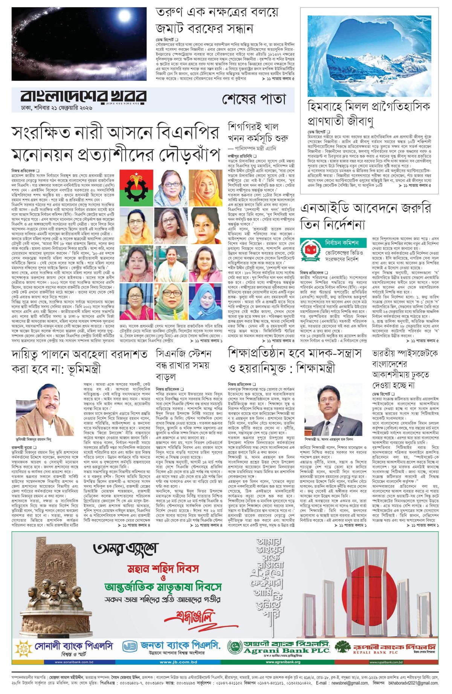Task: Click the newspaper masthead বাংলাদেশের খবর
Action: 83,96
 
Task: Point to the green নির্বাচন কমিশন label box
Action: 342,242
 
